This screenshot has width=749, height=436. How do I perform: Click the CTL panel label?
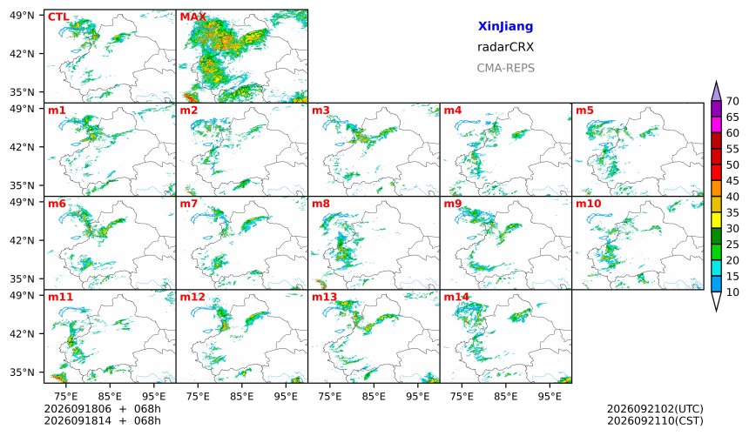(58, 17)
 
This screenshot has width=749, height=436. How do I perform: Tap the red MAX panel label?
(193, 17)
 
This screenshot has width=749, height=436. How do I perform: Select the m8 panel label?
(321, 204)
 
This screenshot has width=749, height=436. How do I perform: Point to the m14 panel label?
(456, 297)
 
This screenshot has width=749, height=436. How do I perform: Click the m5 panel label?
(584, 111)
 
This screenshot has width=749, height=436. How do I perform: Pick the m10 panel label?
(588, 204)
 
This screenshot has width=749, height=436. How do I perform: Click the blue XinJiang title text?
(505, 26)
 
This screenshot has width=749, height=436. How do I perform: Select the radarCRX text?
(505, 47)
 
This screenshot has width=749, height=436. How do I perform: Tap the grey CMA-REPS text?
(505, 68)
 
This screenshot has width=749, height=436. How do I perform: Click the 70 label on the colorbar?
(732, 101)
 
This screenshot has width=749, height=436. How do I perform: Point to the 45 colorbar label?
(732, 181)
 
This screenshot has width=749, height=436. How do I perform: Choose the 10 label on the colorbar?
(732, 292)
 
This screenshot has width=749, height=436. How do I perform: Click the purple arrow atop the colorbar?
(716, 91)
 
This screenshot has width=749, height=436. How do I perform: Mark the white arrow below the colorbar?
(716, 301)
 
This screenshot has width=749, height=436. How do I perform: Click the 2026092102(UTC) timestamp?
(655, 409)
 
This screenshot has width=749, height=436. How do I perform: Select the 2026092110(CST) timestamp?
(655, 420)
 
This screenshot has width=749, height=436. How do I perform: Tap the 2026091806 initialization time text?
(78, 409)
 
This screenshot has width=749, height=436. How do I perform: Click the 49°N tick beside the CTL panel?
(22, 16)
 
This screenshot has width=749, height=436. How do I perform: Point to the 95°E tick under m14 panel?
(550, 396)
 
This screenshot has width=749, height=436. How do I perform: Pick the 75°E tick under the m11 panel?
(65, 396)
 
